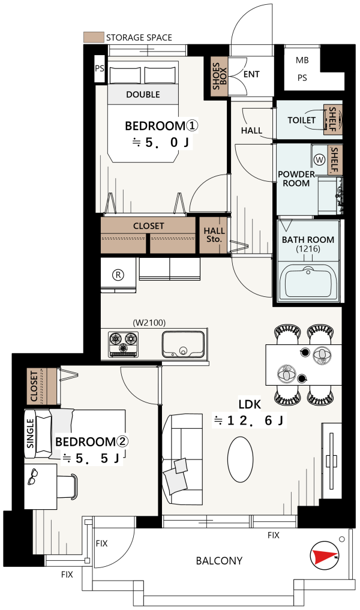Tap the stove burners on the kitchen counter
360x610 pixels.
(123, 344)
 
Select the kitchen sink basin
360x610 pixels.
(183, 344)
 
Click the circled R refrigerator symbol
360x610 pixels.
(118, 275)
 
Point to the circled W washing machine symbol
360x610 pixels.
(320, 160)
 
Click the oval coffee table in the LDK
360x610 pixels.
(240, 459)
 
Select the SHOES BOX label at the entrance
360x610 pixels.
(219, 76)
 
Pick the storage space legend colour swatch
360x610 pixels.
(94, 37)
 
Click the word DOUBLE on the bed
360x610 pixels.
(143, 95)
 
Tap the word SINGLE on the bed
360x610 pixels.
(31, 433)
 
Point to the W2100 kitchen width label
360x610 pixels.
(149, 323)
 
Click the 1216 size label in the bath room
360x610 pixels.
(308, 249)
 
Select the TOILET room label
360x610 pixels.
(301, 120)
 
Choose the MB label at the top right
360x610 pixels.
(302, 61)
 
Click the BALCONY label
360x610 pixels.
(219, 561)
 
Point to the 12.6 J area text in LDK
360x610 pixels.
(249, 420)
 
